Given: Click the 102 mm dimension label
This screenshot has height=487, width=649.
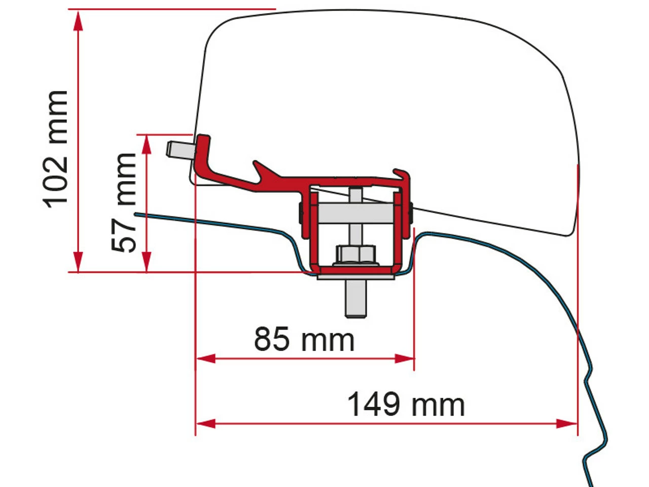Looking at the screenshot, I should tap(56, 149).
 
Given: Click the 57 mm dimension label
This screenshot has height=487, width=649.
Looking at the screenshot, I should tap(125, 202).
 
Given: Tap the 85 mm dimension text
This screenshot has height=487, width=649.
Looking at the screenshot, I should tap(304, 339).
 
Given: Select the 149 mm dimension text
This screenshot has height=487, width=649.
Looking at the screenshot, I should tap(405, 405).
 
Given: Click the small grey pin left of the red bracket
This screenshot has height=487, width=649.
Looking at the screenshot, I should tap(177, 149).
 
